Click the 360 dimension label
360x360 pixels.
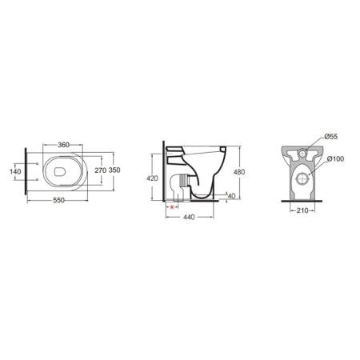pyautogui.click(x=63, y=145)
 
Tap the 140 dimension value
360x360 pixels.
pyautogui.click(x=15, y=171)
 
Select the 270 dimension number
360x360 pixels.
pyautogui.click(x=101, y=170)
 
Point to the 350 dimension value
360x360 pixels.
pyautogui.click(x=114, y=170)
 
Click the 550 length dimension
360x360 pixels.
pyautogui.click(x=58, y=200)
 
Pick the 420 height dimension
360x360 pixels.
pyautogui.click(x=152, y=178)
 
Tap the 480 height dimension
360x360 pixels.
pyautogui.click(x=239, y=172)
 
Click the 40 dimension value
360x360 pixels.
pyautogui.click(x=231, y=196)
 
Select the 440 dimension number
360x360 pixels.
pyautogui.click(x=189, y=218)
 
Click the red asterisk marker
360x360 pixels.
pyautogui.click(x=172, y=207)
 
